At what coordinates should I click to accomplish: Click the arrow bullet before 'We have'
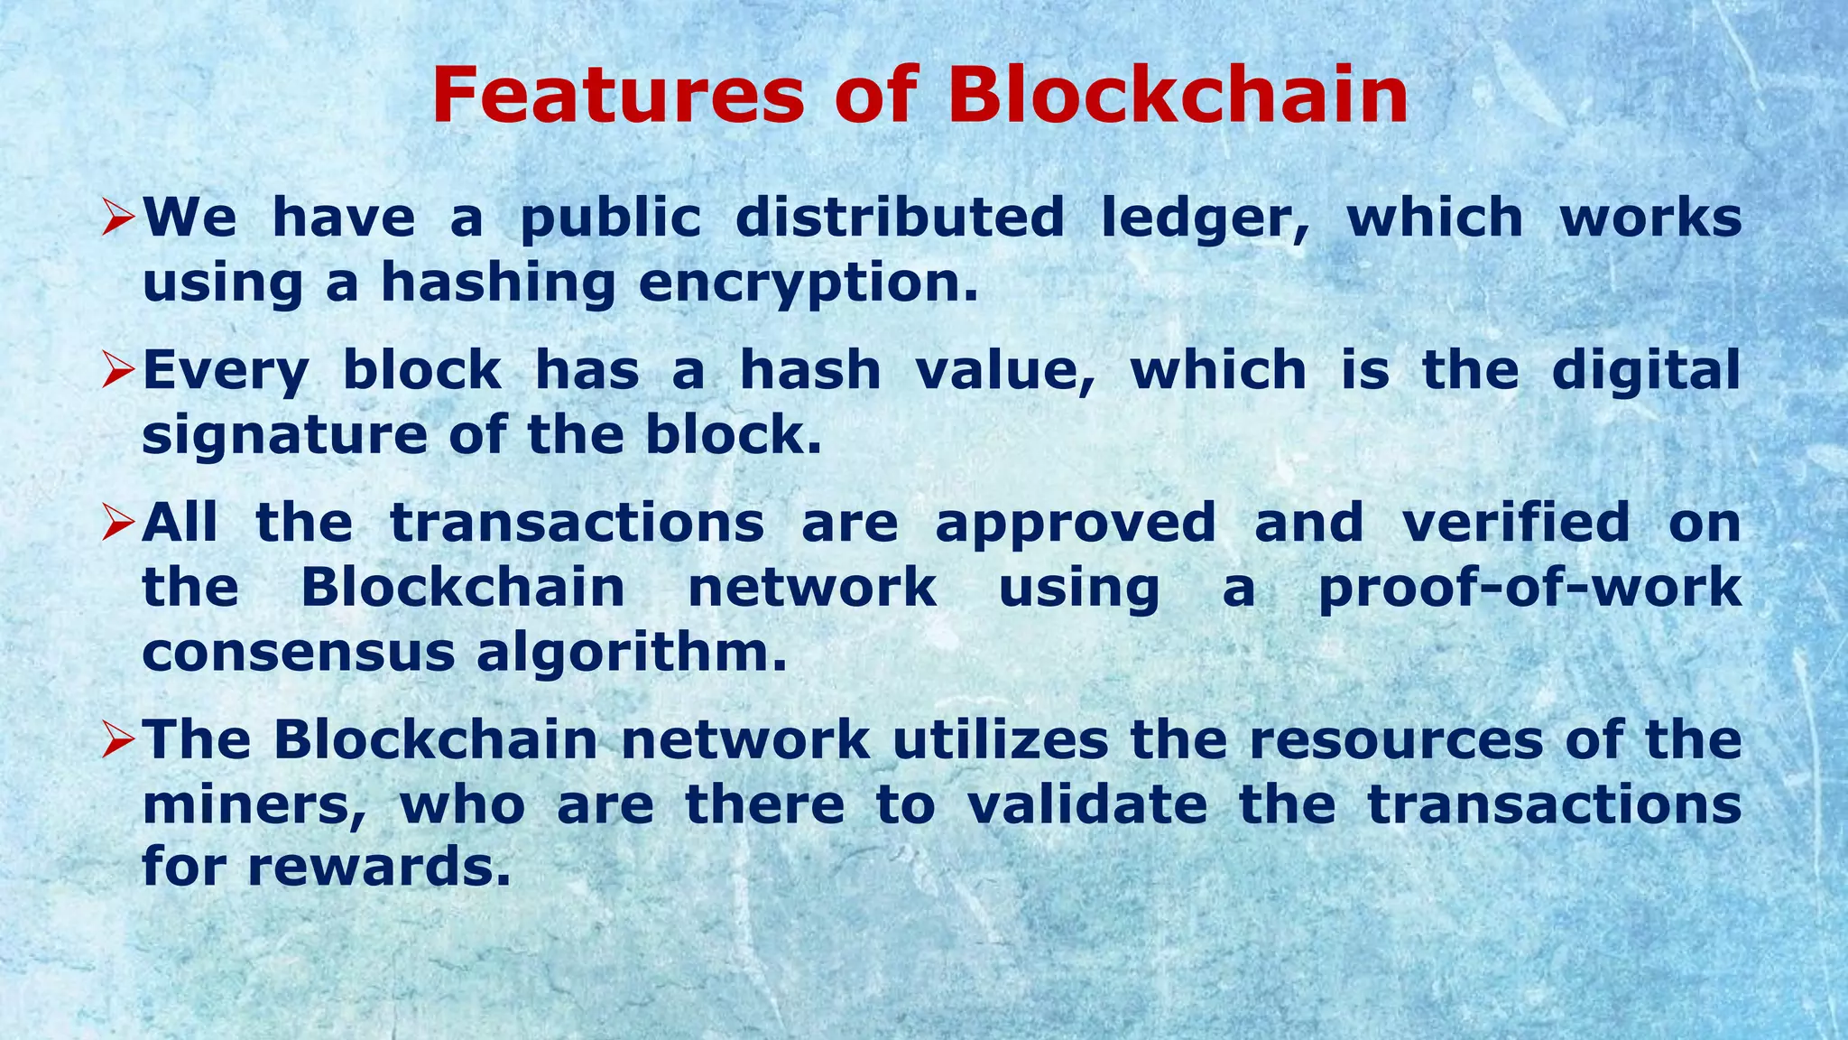(x=118, y=218)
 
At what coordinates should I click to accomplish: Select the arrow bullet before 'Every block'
(x=118, y=370)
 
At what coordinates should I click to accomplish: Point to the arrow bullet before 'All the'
(x=118, y=523)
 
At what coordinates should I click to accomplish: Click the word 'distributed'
(x=900, y=218)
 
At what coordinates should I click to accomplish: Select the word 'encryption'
(x=808, y=284)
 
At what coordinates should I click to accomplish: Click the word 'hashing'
(x=499, y=284)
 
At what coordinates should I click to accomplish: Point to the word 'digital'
(x=1646, y=372)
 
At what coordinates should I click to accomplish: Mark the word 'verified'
(x=1516, y=523)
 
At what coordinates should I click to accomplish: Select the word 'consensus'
(x=299, y=654)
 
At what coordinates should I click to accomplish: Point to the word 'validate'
(x=1087, y=804)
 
